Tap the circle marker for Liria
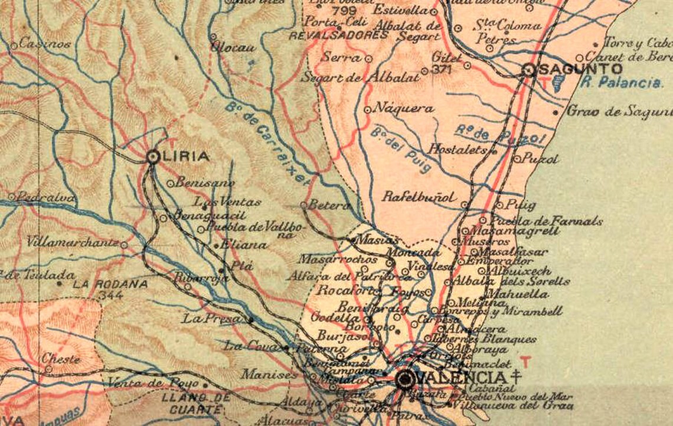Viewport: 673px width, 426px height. (x=153, y=157)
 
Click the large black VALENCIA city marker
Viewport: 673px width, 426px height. (x=405, y=379)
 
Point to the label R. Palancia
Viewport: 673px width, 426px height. (x=620, y=83)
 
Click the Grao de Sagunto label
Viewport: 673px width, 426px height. (x=619, y=110)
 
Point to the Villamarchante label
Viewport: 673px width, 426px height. (x=72, y=242)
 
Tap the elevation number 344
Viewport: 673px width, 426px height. (x=110, y=294)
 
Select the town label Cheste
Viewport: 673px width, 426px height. (x=60, y=359)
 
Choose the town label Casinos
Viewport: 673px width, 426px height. (x=45, y=43)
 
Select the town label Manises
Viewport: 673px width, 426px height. (x=269, y=374)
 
